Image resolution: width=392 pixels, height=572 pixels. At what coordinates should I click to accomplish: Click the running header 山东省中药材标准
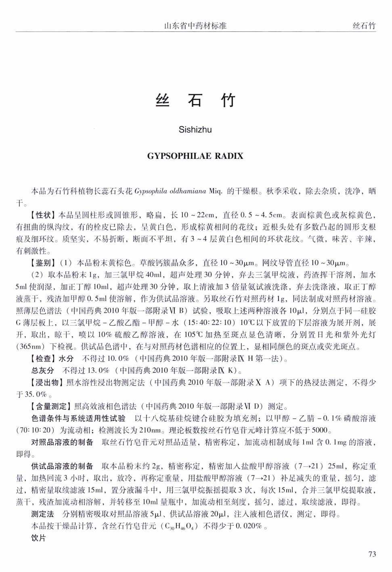(195, 26)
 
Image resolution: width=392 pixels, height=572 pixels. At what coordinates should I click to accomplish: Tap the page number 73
(372, 554)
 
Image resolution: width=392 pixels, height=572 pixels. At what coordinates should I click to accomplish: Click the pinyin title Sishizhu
(195, 130)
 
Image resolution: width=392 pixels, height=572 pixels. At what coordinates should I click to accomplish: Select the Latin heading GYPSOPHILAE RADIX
(195, 156)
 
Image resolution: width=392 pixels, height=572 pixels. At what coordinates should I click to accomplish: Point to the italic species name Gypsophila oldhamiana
(170, 191)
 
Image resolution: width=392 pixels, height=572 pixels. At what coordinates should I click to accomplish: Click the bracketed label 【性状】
(43, 215)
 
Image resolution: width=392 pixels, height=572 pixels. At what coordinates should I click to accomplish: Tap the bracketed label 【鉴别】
(43, 263)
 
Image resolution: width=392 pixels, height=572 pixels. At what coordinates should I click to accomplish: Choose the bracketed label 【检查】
(43, 358)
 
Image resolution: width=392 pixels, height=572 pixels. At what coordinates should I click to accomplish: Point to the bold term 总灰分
(42, 370)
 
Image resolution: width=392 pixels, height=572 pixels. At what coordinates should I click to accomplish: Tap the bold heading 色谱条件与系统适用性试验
(78, 418)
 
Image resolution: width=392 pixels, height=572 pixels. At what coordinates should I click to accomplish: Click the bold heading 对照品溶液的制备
(62, 442)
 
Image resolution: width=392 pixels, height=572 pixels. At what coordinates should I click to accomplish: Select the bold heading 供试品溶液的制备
(62, 466)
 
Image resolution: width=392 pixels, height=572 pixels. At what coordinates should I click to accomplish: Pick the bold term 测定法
(42, 514)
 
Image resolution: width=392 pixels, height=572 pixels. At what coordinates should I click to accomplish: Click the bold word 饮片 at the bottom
(39, 538)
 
